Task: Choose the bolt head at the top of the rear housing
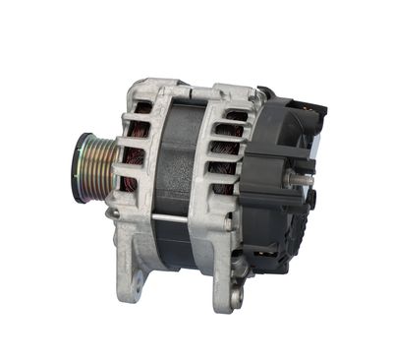tap(263, 93)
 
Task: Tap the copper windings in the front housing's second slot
tap(135, 131)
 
